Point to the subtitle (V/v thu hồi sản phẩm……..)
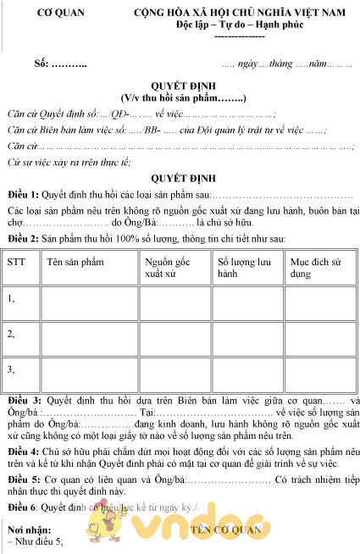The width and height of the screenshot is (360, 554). point(183,98)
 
